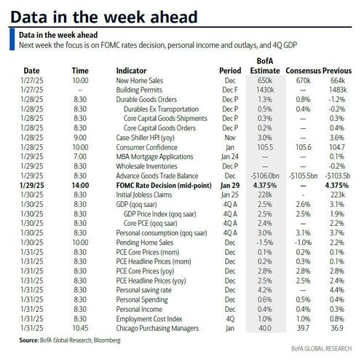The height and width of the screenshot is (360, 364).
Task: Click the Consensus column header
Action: click(304, 71)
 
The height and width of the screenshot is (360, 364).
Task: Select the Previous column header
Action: click(337, 71)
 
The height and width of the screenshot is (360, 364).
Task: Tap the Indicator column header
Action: click(131, 71)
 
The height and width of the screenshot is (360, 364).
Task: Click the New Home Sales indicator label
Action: click(140, 80)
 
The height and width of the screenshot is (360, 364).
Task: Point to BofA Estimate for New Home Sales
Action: click(265, 80)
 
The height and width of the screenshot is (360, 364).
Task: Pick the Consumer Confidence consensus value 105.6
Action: click(304, 147)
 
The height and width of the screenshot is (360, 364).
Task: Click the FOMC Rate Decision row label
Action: click(164, 185)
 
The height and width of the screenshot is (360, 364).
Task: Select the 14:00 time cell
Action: click(80, 185)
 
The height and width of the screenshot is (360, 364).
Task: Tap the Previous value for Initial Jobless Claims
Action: click(338, 195)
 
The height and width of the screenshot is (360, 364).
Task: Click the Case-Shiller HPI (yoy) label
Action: click(146, 138)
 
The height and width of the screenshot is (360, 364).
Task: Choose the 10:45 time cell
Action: click(80, 328)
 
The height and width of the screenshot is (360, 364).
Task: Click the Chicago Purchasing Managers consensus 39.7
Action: click(303, 328)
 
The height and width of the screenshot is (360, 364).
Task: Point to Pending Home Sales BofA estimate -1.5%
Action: click(265, 243)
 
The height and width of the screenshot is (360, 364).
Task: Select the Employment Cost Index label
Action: click(149, 318)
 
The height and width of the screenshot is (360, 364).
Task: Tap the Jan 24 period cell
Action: click(230, 157)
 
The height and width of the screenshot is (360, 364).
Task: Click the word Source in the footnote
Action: click(28, 340)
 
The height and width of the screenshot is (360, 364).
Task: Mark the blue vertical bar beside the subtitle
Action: click(12, 39)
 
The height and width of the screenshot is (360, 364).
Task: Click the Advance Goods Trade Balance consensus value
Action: click(303, 176)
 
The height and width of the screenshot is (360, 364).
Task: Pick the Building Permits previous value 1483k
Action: click(338, 90)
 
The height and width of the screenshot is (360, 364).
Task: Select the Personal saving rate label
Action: click(143, 290)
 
